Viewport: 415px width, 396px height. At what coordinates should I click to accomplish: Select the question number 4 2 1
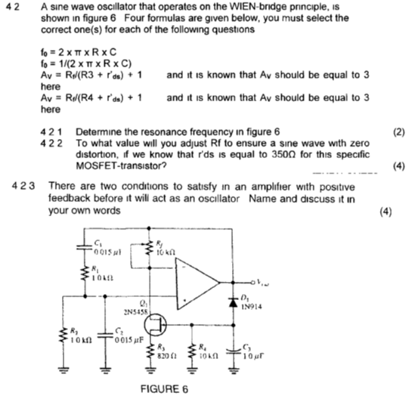(52, 131)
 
